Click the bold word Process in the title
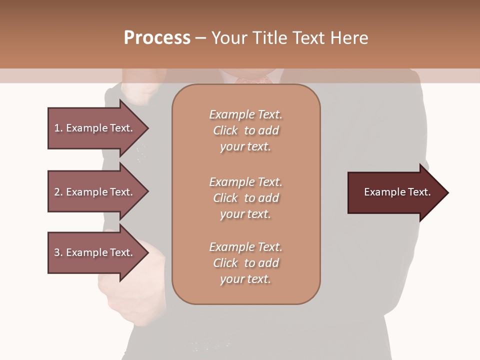coord(157,38)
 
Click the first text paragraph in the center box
coord(245,130)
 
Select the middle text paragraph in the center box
coord(245,198)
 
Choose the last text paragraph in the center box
coord(245,263)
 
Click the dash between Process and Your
coord(200,38)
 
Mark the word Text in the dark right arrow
coord(419,192)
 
